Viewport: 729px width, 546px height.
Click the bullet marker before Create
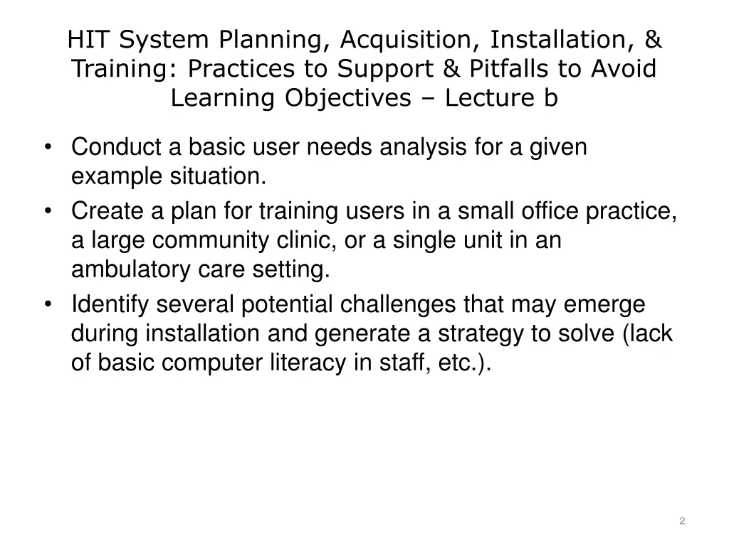coord(48,211)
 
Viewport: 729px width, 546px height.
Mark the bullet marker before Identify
coord(48,305)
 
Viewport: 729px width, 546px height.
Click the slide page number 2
coord(682,521)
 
